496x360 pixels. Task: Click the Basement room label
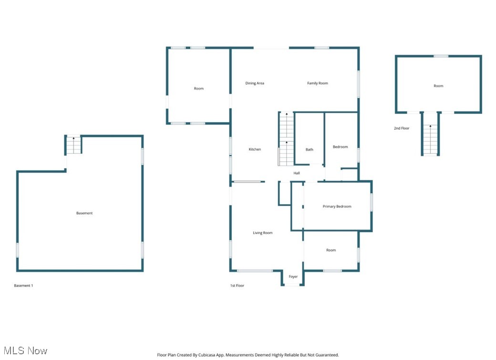coord(84,213)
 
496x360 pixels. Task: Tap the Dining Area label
coord(255,83)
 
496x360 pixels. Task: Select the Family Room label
coord(317,83)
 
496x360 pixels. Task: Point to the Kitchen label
coord(255,149)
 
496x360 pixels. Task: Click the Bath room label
coord(310,150)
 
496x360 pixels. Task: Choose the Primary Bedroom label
coord(337,206)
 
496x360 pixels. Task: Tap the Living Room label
coord(263,233)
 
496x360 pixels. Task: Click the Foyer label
coord(293,277)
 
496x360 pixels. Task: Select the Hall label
coord(297,173)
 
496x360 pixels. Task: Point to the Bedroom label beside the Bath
coord(340,147)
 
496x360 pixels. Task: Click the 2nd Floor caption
coord(402,128)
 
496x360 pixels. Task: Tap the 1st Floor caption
coord(237,286)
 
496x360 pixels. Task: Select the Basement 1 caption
coord(23,286)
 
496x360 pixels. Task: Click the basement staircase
coord(73,145)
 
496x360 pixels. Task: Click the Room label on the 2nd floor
coord(438,86)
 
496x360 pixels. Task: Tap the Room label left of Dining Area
coord(198,89)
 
